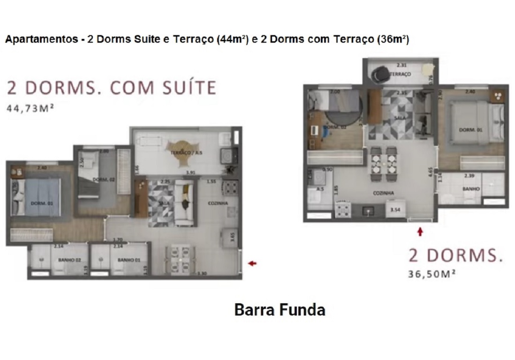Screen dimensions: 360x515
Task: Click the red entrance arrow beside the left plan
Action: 252,263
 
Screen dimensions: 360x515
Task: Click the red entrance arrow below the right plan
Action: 420,231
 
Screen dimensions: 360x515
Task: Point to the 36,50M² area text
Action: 432,274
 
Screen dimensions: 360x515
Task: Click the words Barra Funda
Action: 280,310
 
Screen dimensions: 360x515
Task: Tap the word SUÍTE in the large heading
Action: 186,88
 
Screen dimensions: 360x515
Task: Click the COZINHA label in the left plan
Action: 218,203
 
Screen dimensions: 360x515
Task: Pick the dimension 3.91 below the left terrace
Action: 190,173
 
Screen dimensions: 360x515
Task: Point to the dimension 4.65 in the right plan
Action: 430,170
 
